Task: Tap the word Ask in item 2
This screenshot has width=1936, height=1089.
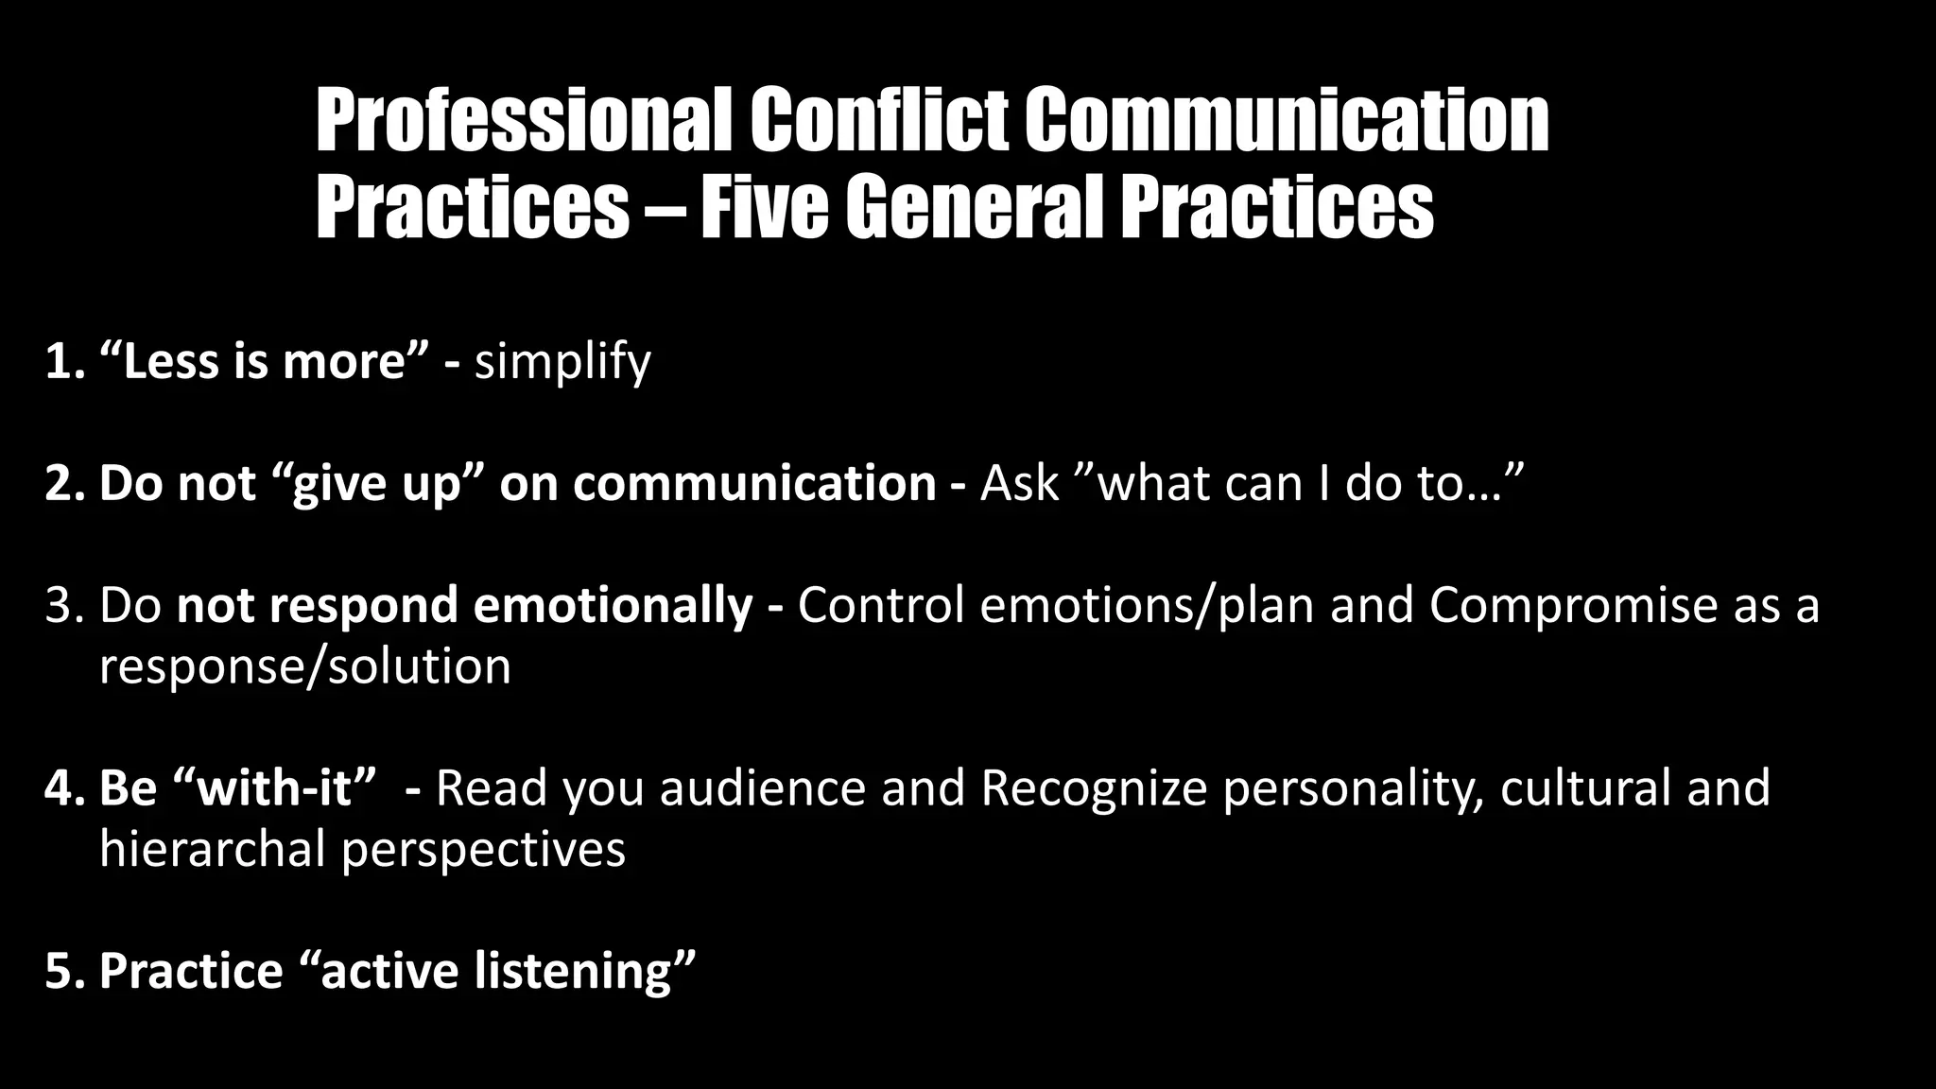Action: click(x=1019, y=483)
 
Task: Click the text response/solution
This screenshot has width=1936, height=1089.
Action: click(x=305, y=666)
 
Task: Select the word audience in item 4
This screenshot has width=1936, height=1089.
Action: click(x=762, y=787)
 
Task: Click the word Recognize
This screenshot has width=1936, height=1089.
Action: click(x=1094, y=787)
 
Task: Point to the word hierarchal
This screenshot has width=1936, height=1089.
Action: click(x=213, y=849)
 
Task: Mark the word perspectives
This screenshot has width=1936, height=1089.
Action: click(x=483, y=849)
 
